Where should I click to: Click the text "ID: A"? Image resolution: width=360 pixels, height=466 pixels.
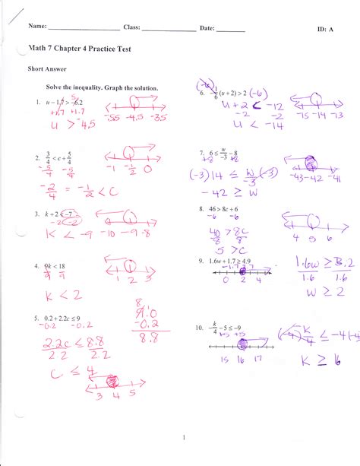pyautogui.click(x=325, y=28)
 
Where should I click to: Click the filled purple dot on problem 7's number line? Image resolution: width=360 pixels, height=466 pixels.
pyautogui.click(x=310, y=162)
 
